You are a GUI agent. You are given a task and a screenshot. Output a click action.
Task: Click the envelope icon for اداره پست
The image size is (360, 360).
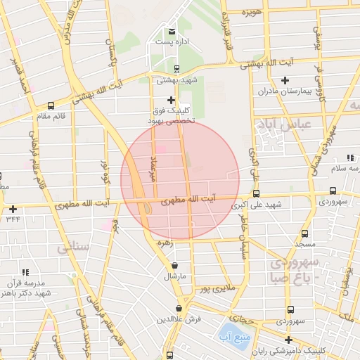pos(172,31)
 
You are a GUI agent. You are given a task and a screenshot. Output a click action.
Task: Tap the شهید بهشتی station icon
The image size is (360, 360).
pos(176,69)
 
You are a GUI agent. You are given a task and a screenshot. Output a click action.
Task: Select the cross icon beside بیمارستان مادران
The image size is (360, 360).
pos(285,80)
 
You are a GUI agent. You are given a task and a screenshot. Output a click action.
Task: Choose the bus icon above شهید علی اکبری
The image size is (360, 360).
pos(256,193)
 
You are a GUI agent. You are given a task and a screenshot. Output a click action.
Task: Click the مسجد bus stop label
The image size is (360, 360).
pos(304,244)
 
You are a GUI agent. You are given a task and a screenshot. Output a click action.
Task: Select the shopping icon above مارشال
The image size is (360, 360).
pos(174,265)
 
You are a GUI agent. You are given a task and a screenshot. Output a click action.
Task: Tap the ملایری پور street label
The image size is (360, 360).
pos(215,288)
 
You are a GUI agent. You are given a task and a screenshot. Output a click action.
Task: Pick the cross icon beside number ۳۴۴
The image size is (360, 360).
pos(13,209)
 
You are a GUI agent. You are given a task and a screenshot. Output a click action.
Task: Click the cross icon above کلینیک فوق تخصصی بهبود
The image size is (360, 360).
pos(171,100)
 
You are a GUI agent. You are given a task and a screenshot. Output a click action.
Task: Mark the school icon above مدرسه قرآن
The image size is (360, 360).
pos(26,271)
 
